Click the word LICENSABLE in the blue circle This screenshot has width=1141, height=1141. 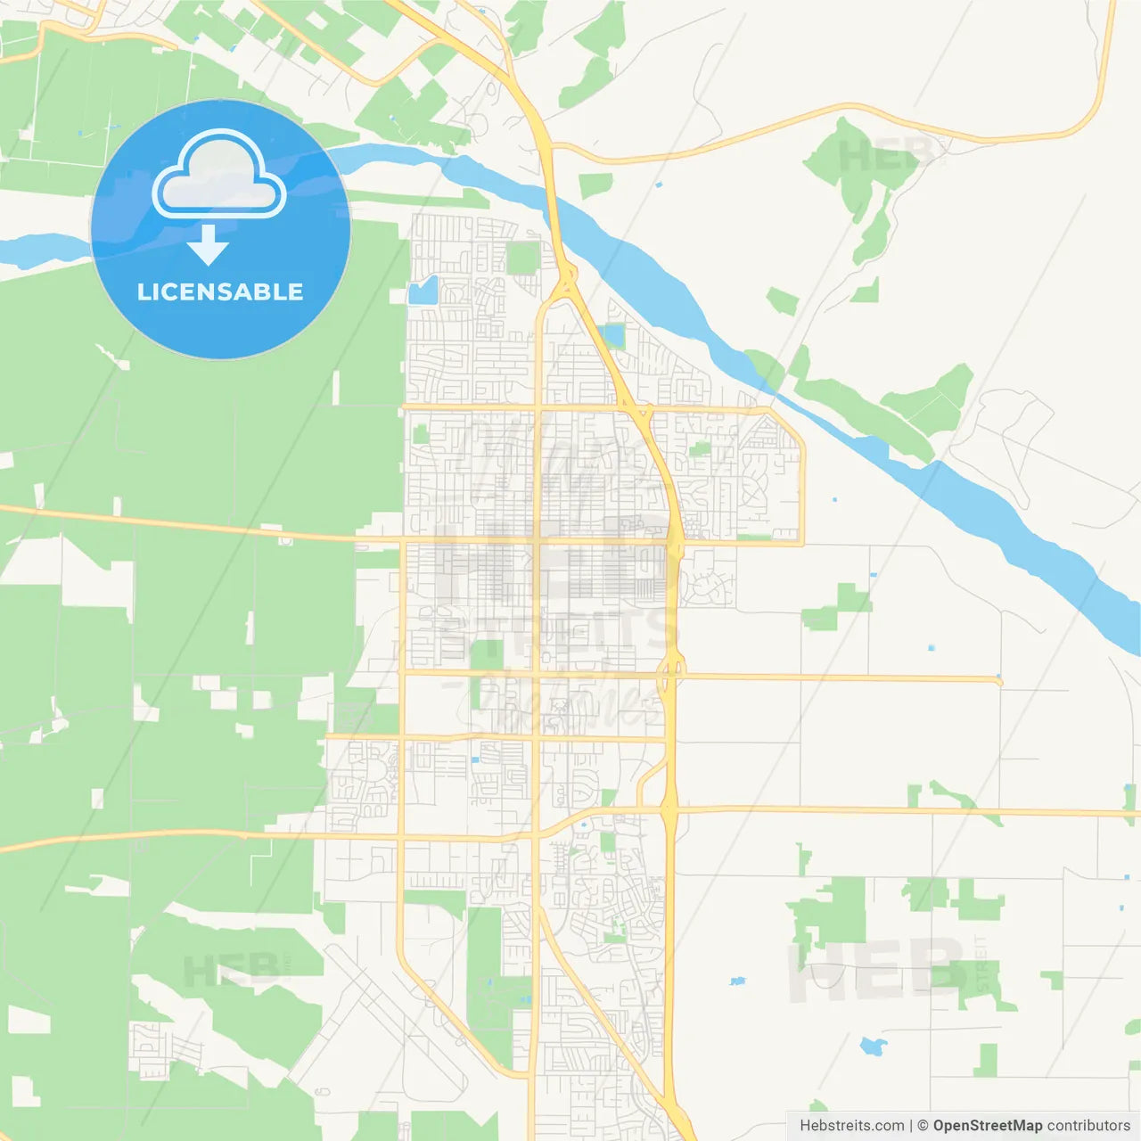[x=220, y=291]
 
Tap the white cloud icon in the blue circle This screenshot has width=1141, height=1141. [x=219, y=175]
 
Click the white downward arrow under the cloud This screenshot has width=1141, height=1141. [x=209, y=244]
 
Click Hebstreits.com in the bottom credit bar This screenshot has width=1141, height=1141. [x=851, y=1126]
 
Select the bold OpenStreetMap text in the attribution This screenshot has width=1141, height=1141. [x=987, y=1126]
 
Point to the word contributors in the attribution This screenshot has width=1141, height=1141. [x=1088, y=1126]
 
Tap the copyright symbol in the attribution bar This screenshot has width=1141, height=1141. [x=923, y=1126]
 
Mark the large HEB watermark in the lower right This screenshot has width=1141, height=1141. [x=874, y=970]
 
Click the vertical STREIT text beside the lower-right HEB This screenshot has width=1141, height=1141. [x=981, y=963]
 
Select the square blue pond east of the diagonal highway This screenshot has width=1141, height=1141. [x=612, y=336]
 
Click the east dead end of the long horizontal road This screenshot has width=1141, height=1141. [x=999, y=681]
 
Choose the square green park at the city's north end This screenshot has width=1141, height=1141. [x=523, y=258]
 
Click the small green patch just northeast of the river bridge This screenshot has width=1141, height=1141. [x=595, y=185]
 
